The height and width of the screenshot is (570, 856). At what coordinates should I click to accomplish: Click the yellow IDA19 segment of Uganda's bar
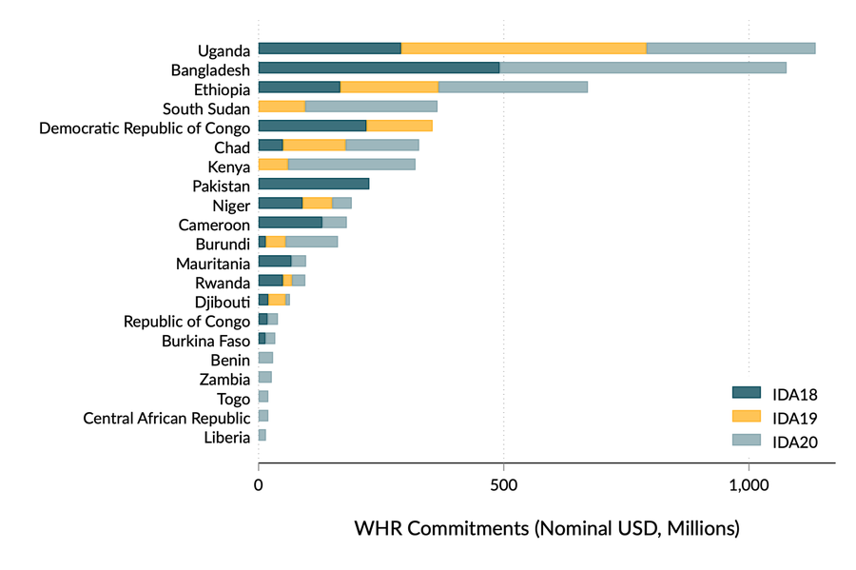pos(523,49)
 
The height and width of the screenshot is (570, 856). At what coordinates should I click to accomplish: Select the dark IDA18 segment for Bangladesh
pos(379,68)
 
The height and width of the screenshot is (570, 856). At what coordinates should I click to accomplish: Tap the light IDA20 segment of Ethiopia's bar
pos(513,88)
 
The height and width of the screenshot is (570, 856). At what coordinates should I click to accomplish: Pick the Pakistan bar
pos(313,185)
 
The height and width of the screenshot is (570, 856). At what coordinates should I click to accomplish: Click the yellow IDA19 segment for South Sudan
pos(282,107)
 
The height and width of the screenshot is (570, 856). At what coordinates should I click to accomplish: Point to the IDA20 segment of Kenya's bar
pos(351,165)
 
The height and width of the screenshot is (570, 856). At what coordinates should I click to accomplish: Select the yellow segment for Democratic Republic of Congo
pos(399,127)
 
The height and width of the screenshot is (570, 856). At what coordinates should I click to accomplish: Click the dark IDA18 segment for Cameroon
pos(290,223)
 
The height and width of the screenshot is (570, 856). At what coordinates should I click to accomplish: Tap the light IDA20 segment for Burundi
pos(311,243)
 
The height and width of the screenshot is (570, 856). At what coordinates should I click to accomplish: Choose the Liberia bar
pos(262,436)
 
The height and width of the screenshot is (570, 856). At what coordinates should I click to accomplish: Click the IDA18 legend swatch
pos(747,392)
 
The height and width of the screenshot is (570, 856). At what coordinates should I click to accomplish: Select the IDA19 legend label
pos(796,417)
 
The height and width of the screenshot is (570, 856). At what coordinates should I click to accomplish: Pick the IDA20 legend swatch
pos(747,440)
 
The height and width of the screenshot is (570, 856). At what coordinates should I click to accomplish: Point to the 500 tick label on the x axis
pos(503,485)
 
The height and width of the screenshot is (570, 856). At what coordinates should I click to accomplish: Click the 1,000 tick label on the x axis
pos(749,485)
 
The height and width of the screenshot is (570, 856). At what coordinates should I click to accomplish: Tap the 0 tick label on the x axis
pos(259,485)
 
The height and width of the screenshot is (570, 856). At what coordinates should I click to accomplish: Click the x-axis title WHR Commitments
pos(546,527)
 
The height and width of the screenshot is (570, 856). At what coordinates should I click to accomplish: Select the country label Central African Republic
pos(166,418)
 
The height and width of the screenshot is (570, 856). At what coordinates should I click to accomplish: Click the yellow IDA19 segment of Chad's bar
pos(314,146)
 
